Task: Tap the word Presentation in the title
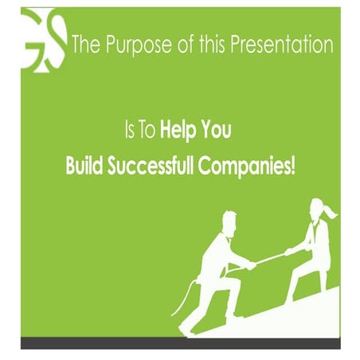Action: (283, 45)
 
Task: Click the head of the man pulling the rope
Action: (228, 221)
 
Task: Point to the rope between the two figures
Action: (271, 259)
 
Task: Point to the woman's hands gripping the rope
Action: (290, 252)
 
